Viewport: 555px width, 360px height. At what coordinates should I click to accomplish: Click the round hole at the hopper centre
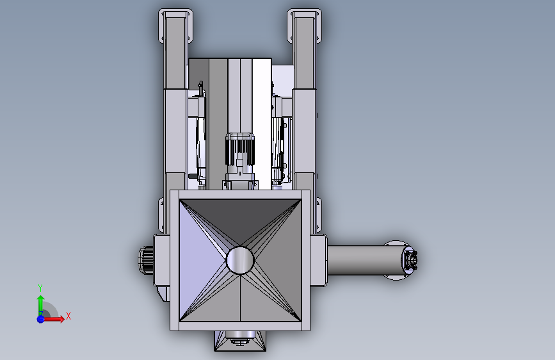240,260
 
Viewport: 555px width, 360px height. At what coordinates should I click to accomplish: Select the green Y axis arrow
41,304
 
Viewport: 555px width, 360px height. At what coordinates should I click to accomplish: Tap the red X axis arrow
53,319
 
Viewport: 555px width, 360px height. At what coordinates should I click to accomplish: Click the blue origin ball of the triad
41,319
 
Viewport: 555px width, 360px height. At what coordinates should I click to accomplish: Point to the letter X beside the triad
68,316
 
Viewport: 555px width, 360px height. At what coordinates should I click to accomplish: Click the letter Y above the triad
40,288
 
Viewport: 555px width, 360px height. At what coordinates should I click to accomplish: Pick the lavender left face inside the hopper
202,260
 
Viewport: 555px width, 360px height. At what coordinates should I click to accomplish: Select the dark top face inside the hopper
240,220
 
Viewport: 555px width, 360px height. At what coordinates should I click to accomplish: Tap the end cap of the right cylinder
410,261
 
